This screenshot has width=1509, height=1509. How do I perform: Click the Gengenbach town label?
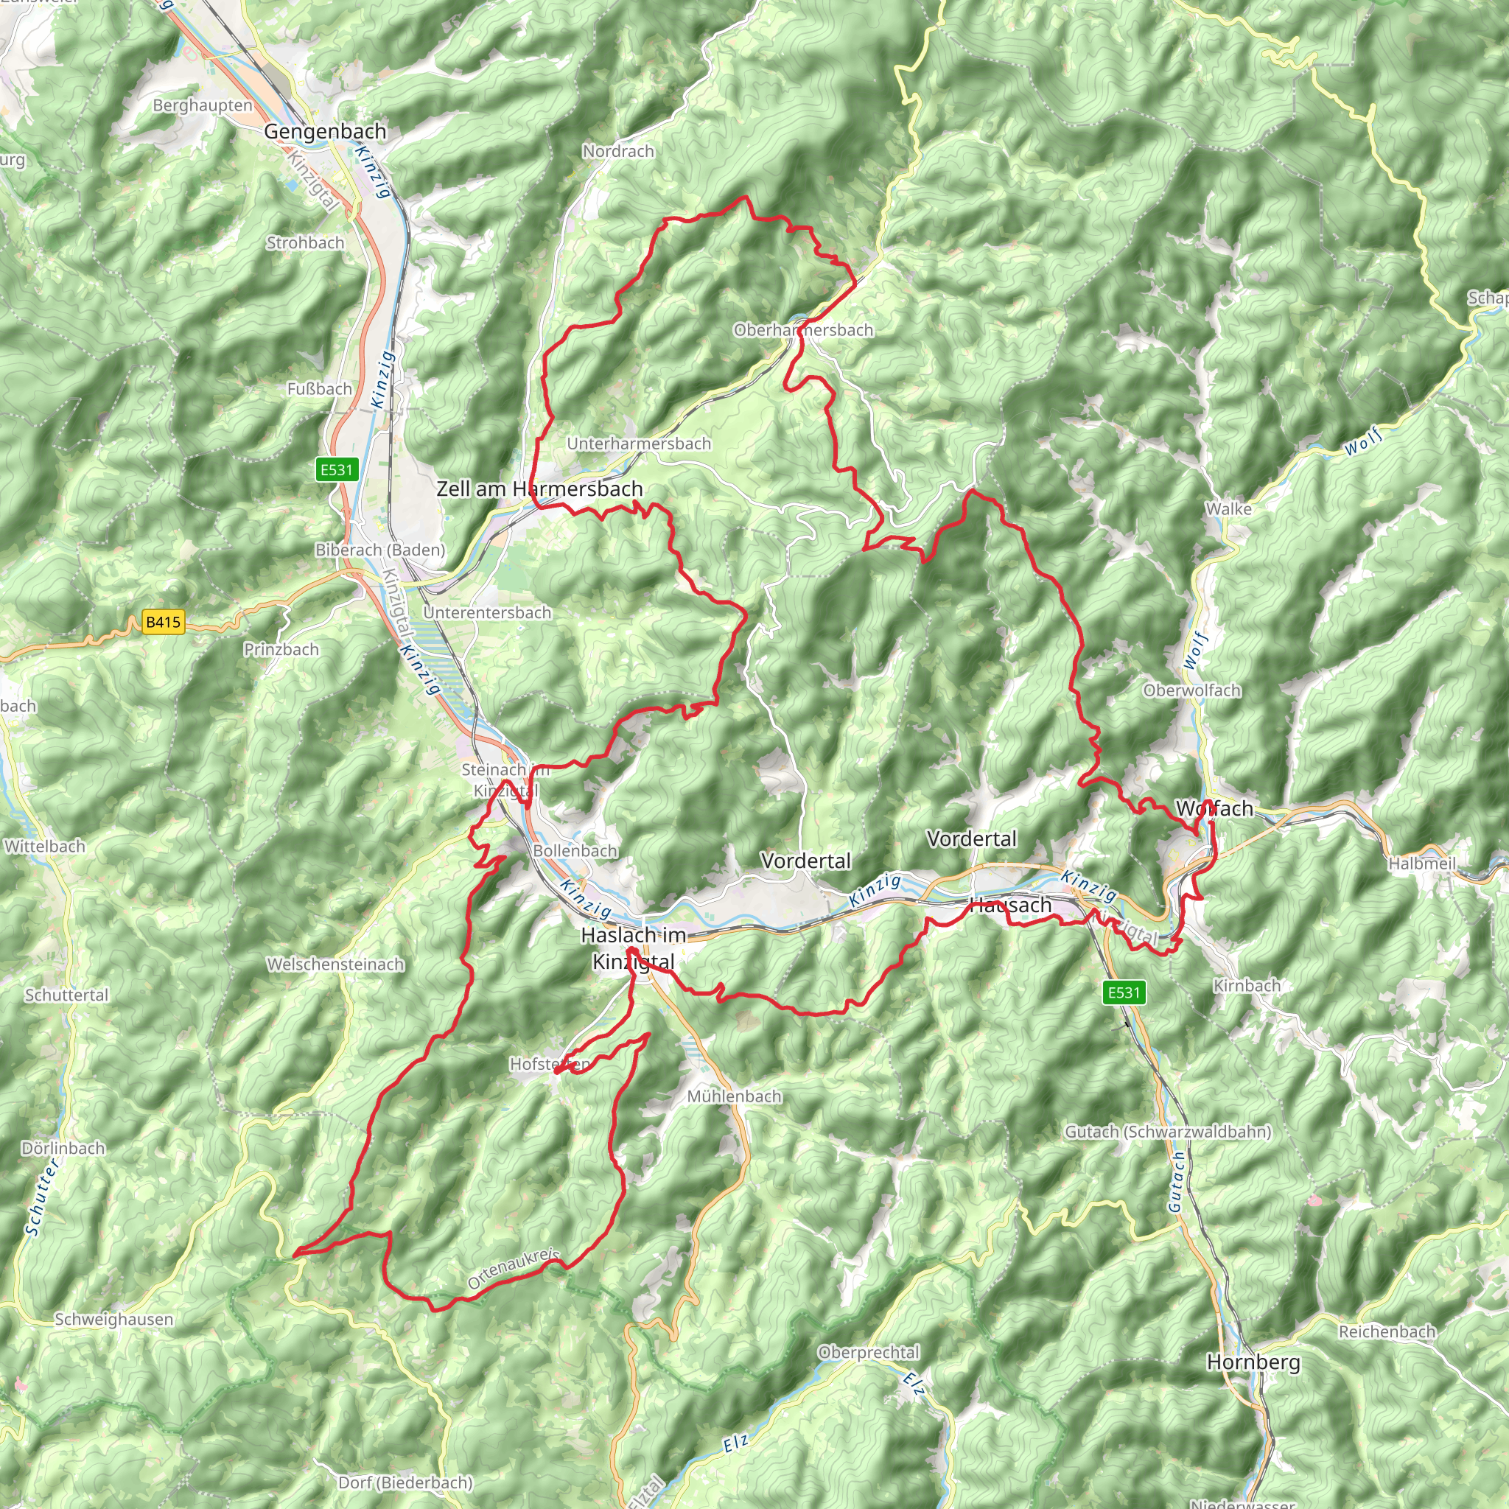325,131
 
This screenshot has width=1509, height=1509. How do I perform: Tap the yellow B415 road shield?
164,623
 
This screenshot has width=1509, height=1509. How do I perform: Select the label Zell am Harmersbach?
539,489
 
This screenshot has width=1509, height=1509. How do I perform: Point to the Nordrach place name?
617,151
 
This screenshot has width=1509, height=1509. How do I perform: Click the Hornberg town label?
1253,1362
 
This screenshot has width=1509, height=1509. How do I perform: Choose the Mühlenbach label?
734,1096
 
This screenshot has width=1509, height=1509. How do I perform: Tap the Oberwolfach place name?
1192,690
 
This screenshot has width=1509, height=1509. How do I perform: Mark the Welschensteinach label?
336,964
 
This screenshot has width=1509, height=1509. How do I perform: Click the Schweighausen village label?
114,1319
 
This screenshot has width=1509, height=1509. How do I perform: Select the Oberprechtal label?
869,1352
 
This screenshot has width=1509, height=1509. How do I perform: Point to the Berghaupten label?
203,105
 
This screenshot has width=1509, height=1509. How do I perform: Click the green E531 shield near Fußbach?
337,469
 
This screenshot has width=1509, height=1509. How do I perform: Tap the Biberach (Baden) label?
380,550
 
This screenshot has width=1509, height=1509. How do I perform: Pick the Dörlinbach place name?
63,1148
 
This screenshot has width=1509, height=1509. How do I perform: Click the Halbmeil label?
1422,864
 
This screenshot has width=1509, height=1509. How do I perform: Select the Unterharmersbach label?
639,444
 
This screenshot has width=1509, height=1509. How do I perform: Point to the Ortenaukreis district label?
514,1269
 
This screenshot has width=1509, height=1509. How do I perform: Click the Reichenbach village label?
1387,1331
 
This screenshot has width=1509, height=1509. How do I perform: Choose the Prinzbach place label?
281,650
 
